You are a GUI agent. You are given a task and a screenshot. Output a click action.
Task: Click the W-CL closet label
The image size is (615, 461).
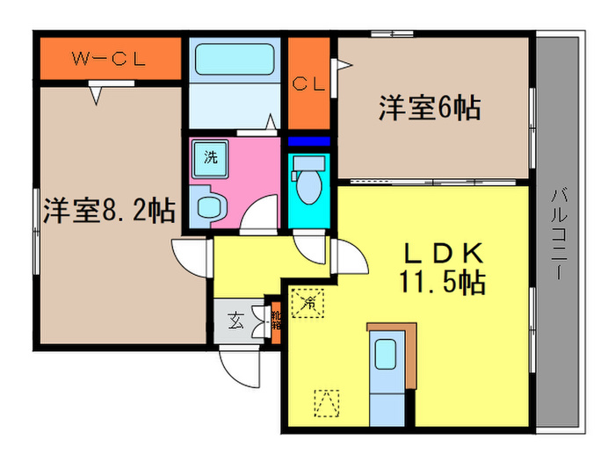tap(108, 60)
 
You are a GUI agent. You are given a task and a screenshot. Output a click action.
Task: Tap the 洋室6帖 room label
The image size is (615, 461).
tap(429, 109)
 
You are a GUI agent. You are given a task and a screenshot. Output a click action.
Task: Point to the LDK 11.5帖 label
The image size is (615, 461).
tap(444, 269)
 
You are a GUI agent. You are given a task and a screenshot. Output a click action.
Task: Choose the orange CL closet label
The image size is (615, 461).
tap(309, 84)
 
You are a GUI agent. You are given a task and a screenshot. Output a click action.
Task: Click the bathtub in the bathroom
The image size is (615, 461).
tap(234, 61)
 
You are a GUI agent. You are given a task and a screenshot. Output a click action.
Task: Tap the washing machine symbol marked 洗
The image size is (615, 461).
tap(211, 159)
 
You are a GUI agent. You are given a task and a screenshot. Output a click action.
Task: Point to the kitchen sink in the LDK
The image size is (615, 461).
tap(385, 355)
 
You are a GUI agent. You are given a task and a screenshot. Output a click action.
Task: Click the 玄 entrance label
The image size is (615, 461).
tap(236, 321)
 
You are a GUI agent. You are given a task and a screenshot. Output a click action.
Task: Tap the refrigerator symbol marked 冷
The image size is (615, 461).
tap(308, 304)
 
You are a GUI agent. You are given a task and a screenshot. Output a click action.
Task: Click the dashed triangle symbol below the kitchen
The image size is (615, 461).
tap(326, 403)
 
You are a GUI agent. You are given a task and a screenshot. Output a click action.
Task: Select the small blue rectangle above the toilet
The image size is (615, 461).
tap(308, 140)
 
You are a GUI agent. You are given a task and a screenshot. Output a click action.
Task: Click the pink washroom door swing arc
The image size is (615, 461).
tap(261, 216)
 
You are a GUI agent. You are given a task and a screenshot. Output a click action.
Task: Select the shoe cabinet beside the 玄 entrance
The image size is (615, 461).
tap(274, 322)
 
